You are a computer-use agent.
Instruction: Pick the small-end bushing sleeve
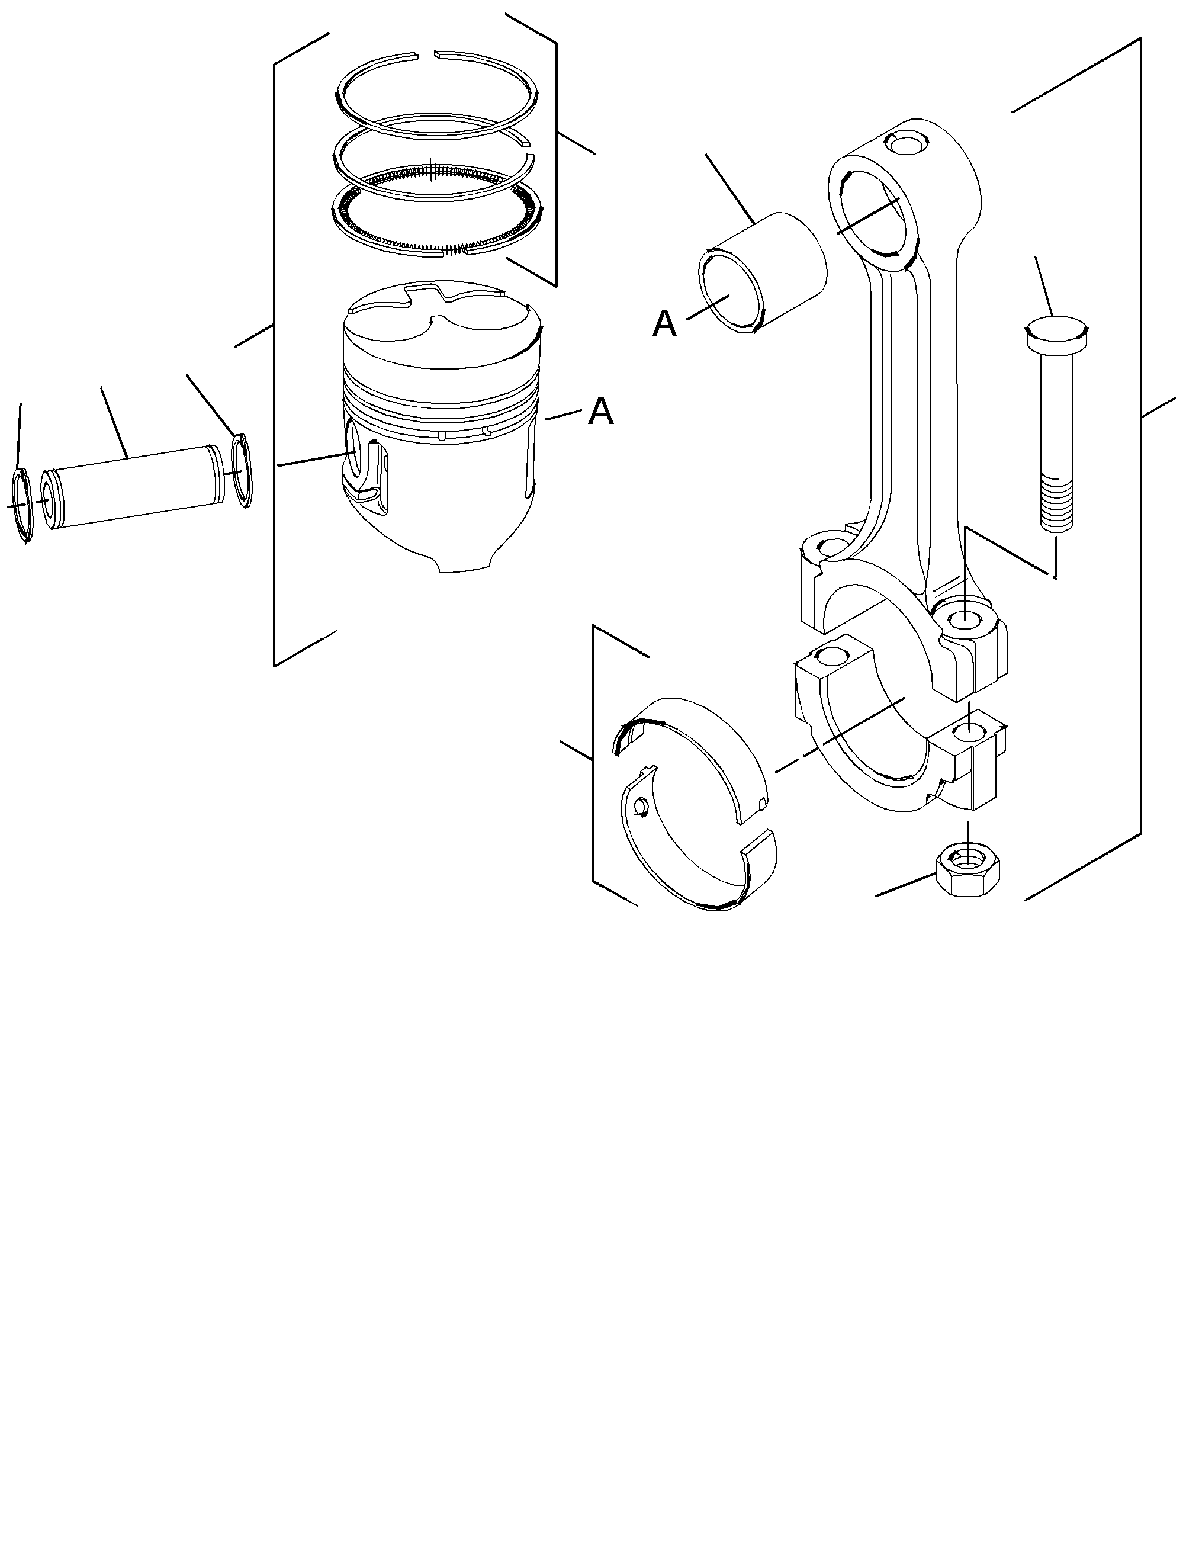tap(761, 272)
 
